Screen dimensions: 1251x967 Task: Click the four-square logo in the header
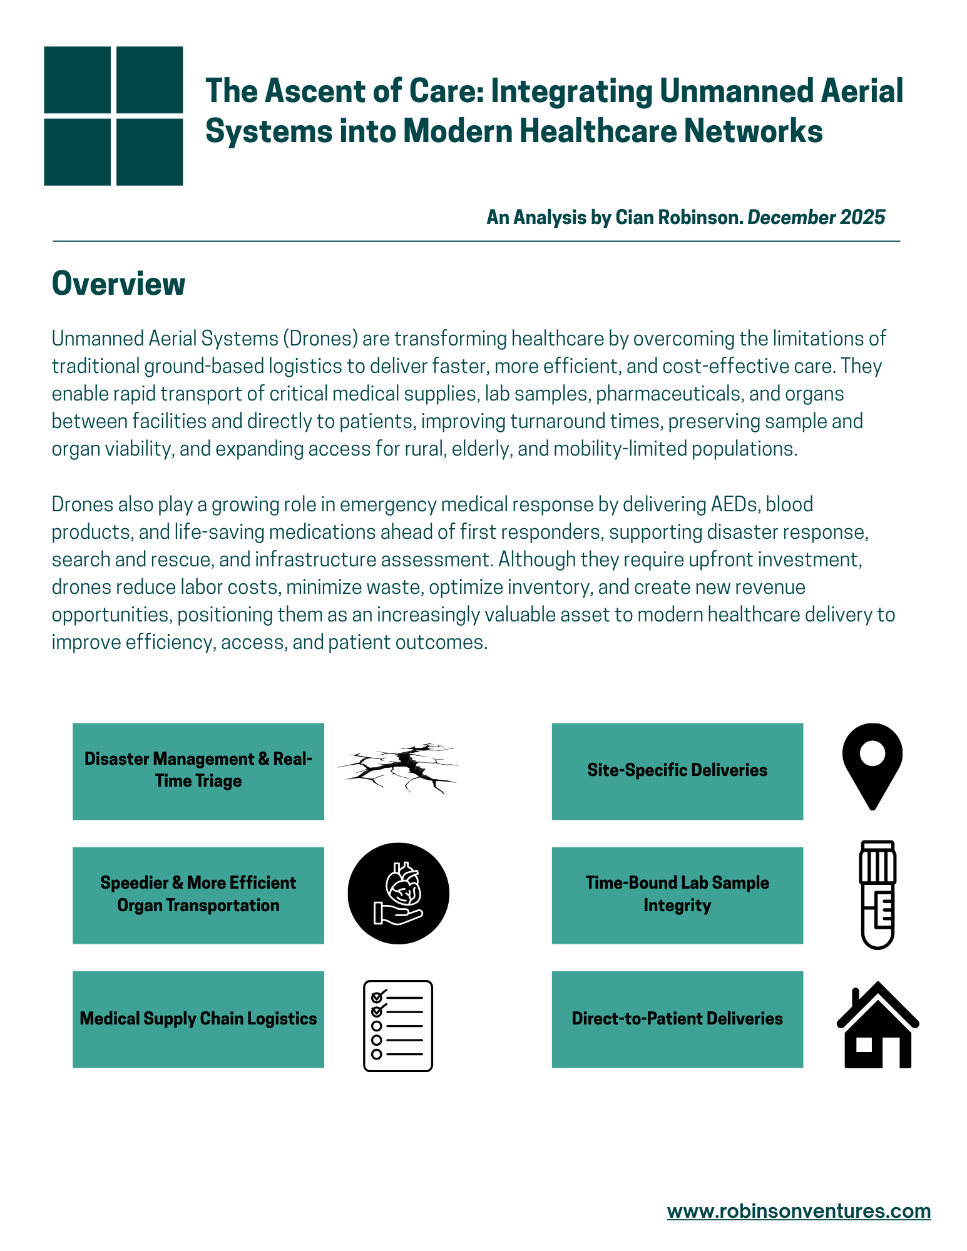point(113,116)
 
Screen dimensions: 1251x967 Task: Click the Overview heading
point(118,283)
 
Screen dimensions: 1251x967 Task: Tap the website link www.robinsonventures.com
point(799,1210)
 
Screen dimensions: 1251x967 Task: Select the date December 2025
point(816,217)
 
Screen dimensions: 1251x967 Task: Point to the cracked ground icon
point(398,769)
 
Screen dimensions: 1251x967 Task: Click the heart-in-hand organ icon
point(398,893)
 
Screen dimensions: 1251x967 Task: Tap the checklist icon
point(398,1026)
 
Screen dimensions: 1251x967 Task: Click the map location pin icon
point(872,765)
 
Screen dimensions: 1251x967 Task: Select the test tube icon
point(877,894)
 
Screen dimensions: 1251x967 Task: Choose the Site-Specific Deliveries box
point(677,771)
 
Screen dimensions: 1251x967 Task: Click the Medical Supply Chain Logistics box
point(198,1019)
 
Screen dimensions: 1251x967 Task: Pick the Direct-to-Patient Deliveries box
point(677,1019)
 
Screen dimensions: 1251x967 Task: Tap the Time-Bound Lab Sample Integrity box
point(677,895)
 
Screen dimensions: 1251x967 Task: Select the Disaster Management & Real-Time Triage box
point(198,771)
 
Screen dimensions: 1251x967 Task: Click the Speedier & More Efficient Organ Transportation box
point(198,895)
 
